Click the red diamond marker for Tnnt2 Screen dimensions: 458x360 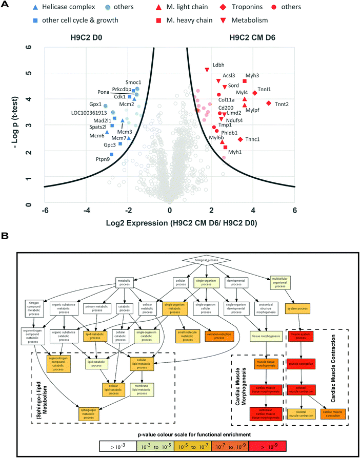coord(269,103)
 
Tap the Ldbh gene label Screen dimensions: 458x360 coord(218,65)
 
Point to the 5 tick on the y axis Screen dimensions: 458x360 coord(36,73)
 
